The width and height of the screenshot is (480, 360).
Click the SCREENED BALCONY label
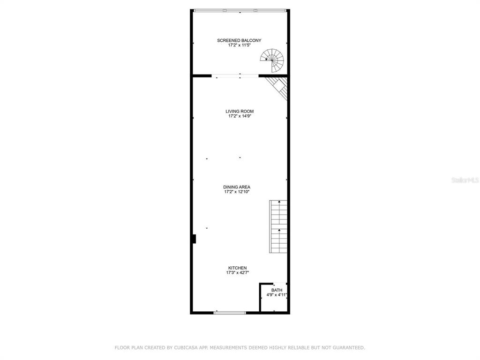point(239,40)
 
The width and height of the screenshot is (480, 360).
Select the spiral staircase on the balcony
point(272,60)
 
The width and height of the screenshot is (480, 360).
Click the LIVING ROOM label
point(240,112)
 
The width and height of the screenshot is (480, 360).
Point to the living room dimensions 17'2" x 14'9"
point(240,116)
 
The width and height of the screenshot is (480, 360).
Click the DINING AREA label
point(237,187)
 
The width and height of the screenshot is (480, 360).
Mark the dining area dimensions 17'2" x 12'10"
point(237,192)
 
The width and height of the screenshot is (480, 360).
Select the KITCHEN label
point(237,268)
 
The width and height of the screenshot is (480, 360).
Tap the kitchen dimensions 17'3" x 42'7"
point(238,273)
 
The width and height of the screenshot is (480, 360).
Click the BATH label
point(277,290)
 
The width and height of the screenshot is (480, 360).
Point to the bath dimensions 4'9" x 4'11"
point(277,295)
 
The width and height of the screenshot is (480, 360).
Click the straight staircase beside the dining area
point(278,226)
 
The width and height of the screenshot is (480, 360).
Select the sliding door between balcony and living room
point(235,75)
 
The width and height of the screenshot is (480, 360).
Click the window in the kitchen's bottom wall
point(230,313)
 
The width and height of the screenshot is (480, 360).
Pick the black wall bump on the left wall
point(194,239)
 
